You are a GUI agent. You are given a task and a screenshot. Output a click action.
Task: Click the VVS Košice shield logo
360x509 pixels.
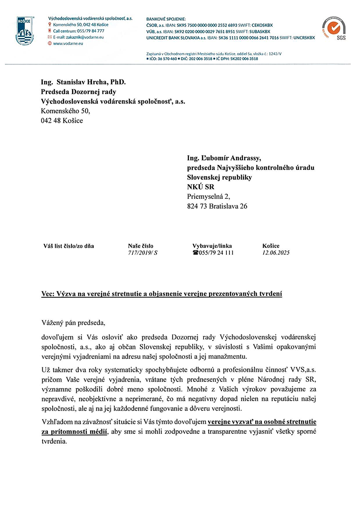click(25, 31)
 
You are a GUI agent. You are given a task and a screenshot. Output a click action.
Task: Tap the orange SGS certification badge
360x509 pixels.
click(333, 30)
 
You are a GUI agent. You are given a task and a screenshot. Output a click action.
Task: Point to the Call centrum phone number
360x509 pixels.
click(79, 31)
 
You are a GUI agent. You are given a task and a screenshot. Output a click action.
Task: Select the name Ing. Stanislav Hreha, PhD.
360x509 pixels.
click(83, 82)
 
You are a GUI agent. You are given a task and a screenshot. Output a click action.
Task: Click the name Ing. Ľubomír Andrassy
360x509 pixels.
click(224, 158)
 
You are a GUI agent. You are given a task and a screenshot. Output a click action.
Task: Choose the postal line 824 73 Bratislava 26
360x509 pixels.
click(217, 207)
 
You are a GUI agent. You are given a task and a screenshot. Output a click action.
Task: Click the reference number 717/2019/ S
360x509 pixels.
click(143, 253)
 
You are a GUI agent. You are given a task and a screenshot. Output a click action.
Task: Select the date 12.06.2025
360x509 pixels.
click(276, 253)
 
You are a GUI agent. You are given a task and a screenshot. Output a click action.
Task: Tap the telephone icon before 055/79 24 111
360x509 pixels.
click(195, 253)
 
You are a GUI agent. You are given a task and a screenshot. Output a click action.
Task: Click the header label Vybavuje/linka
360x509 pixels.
click(212, 246)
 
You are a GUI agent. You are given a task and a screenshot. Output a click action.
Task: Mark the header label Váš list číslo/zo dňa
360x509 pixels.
click(69, 246)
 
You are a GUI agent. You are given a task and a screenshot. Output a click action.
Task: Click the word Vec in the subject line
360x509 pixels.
click(47, 295)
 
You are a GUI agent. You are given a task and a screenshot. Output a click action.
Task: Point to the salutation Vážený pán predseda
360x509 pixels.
click(72, 322)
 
